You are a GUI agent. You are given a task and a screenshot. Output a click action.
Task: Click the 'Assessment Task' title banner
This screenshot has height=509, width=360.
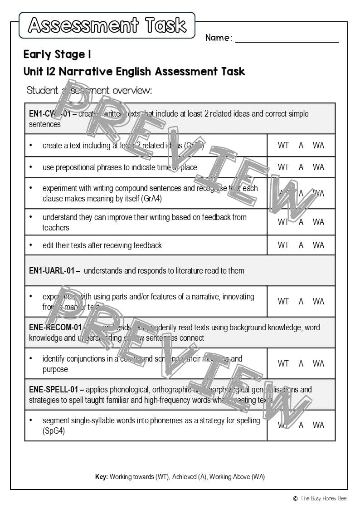click(107, 25)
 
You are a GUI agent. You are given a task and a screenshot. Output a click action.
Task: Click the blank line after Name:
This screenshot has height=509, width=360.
click(287, 38)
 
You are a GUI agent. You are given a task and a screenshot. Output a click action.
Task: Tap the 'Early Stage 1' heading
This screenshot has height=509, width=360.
click(57, 55)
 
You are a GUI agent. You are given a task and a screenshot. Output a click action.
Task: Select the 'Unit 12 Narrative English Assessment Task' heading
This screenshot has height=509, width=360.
click(134, 72)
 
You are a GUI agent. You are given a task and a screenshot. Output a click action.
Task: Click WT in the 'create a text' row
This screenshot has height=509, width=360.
click(283, 146)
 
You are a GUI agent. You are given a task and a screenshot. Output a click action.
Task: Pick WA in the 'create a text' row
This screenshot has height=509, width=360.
click(318, 146)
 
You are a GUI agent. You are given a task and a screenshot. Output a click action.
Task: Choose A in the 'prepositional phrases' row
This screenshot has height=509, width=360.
click(301, 167)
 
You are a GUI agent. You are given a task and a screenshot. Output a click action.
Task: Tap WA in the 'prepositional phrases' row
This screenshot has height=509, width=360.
click(318, 167)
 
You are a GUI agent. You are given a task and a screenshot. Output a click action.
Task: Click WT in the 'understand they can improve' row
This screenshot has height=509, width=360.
click(283, 222)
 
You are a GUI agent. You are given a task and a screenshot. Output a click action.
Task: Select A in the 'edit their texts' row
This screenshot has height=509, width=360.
click(301, 245)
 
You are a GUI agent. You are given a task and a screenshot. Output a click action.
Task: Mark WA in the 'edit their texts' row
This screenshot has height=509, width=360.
click(318, 245)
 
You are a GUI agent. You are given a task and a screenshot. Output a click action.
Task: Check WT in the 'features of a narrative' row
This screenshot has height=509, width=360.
click(283, 301)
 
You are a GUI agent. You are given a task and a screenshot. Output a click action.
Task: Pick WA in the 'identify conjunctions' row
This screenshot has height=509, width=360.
click(318, 363)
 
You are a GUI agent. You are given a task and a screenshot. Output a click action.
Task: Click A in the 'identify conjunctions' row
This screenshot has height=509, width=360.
click(301, 363)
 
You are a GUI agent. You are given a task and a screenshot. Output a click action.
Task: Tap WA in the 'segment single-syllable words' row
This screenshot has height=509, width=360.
click(318, 426)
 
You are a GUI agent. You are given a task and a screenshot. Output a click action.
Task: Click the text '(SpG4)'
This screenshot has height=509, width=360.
click(54, 431)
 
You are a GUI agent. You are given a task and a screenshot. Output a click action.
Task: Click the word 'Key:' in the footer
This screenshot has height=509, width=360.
click(101, 477)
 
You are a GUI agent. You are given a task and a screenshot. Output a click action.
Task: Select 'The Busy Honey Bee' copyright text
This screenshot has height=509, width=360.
click(323, 499)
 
